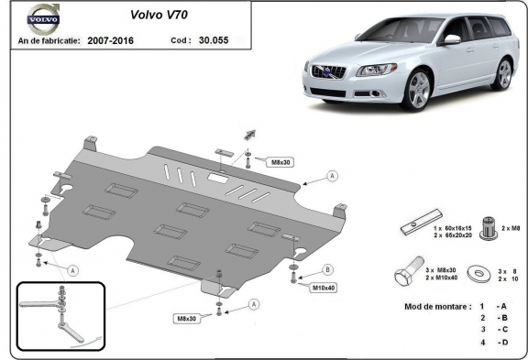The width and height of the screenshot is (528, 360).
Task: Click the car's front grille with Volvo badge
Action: pyautogui.click(x=327, y=72)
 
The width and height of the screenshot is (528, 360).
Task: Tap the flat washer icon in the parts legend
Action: pyautogui.click(x=478, y=274)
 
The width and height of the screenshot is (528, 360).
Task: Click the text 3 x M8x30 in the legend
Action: pyautogui.click(x=441, y=272)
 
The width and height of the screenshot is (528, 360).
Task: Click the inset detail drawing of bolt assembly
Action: pyautogui.click(x=60, y=317)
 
